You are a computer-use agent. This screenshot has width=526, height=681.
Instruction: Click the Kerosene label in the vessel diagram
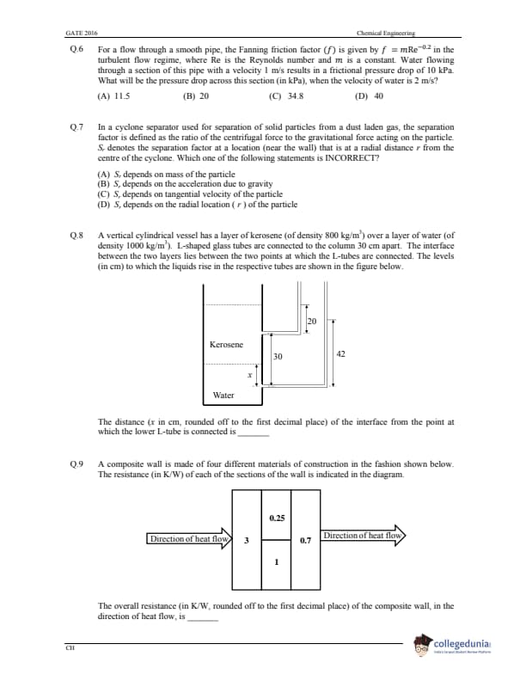point(226,344)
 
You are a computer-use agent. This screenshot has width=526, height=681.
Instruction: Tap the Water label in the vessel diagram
point(223,396)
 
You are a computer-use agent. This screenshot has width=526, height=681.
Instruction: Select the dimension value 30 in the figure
point(278,356)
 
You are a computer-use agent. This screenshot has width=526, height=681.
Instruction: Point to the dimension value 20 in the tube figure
point(311,321)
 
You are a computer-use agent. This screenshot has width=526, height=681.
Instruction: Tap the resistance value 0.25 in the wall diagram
point(277,518)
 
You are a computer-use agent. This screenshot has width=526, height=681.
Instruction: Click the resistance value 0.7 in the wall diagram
point(305,542)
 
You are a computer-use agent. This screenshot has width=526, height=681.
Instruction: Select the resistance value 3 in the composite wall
point(247,541)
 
